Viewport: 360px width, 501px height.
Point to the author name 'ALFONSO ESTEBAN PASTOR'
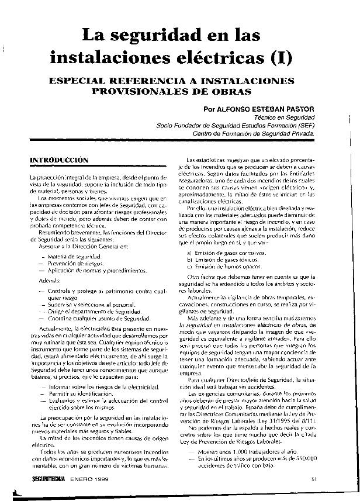[266, 109]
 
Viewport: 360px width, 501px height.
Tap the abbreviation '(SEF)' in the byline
[303, 125]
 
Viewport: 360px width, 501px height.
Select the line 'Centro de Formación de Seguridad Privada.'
[253, 133]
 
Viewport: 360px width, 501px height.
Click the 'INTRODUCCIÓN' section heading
[59, 159]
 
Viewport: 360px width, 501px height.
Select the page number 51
[314, 479]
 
